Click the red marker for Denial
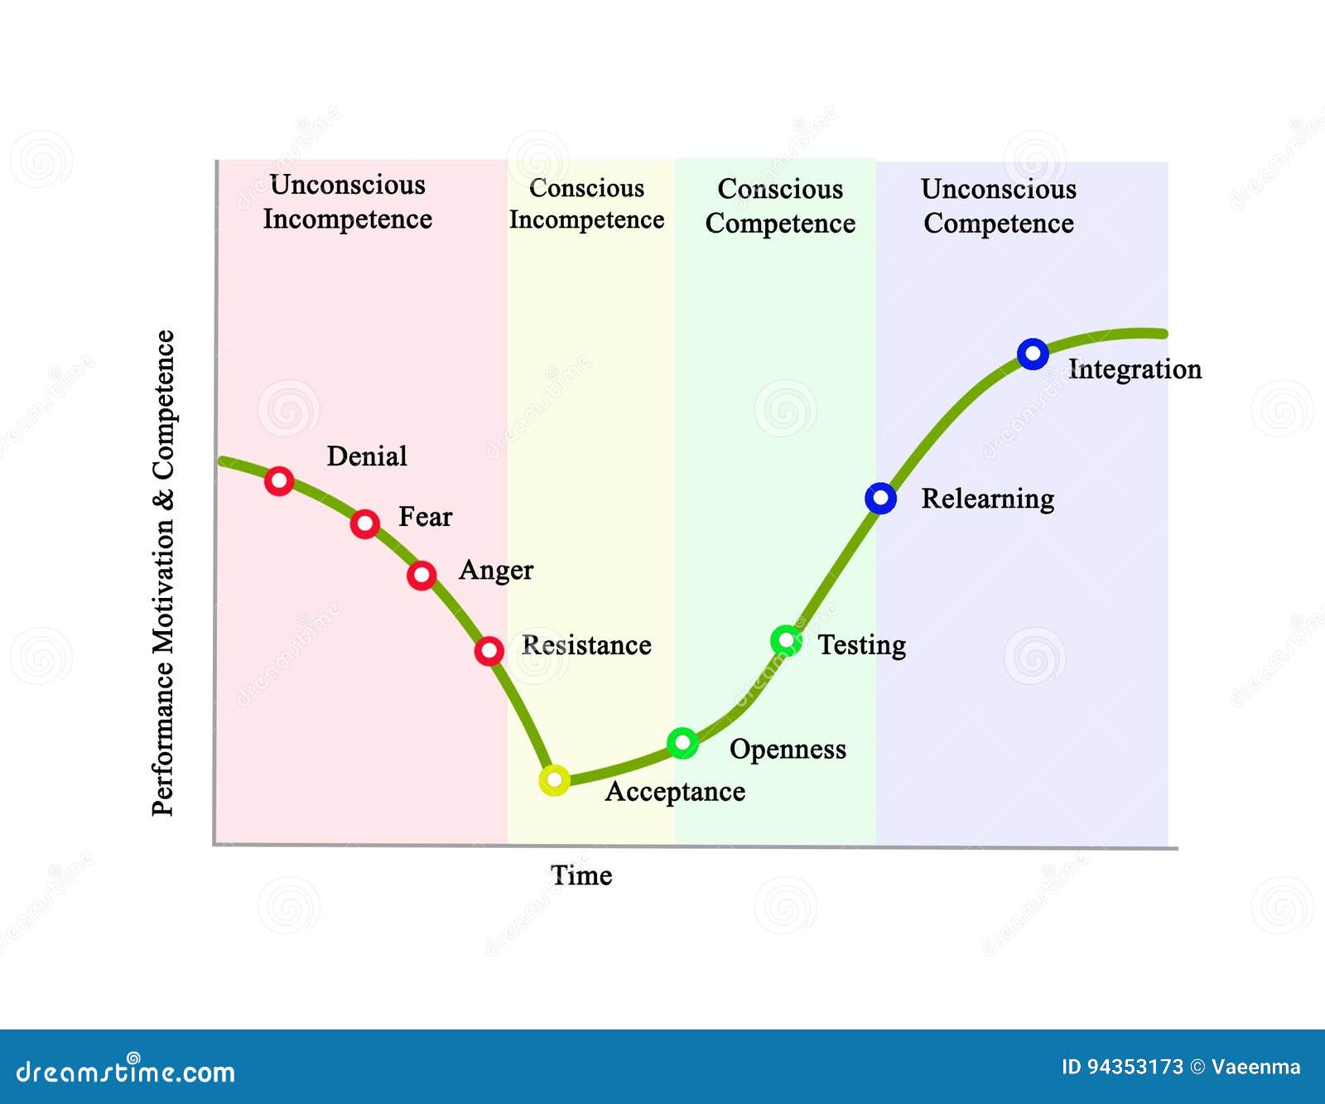[279, 480]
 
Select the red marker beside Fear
[364, 523]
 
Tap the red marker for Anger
[422, 575]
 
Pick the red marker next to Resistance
[489, 651]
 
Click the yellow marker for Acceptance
[554, 780]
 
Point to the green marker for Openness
[682, 743]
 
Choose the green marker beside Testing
[786, 640]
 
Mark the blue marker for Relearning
[880, 499]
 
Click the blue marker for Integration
[1033, 354]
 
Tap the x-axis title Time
[581, 875]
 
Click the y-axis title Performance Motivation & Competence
[164, 573]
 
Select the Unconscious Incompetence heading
[348, 202]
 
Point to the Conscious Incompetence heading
[586, 204]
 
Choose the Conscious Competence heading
[780, 206]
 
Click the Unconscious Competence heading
[999, 206]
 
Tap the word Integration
[1135, 369]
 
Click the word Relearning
[987, 499]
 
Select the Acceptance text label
[675, 792]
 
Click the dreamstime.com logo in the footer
[126, 1071]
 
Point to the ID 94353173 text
[1122, 1067]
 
